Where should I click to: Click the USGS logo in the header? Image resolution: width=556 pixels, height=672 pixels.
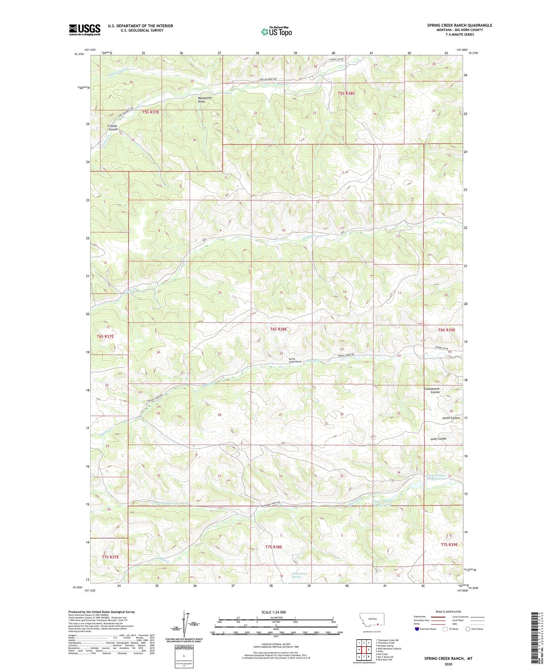[x=84, y=30]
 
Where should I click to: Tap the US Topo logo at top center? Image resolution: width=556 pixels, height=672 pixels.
[x=276, y=31]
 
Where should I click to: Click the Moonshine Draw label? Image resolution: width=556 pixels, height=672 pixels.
[x=205, y=100]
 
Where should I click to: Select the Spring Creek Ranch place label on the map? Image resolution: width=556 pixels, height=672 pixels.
[x=295, y=360]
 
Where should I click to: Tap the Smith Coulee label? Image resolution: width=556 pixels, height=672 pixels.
[x=451, y=418]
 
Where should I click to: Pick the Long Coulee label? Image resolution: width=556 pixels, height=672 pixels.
[x=438, y=439]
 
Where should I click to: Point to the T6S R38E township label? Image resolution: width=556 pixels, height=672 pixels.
[x=279, y=329]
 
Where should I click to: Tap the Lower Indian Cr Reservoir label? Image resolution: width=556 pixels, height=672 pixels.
[x=435, y=477]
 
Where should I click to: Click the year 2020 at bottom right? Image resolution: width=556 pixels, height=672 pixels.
[x=448, y=664]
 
